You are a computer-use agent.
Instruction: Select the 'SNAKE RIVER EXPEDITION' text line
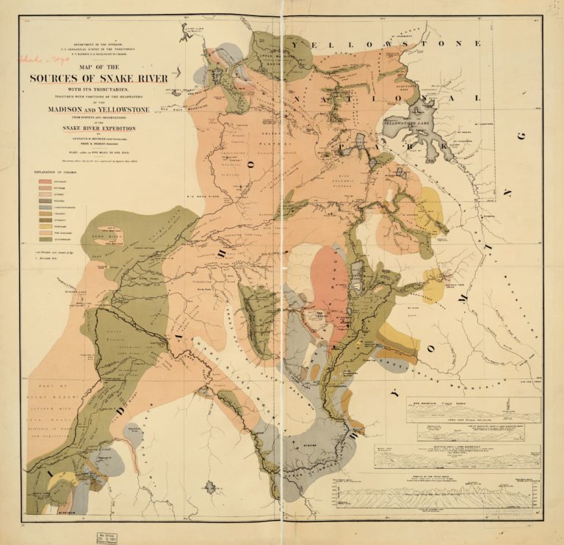coord(99,127)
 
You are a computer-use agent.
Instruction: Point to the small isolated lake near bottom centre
coord(211,486)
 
